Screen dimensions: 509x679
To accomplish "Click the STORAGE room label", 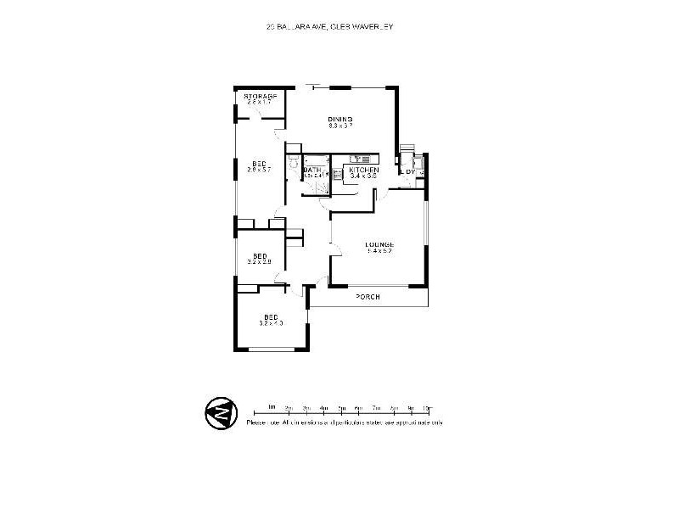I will tap(261, 97).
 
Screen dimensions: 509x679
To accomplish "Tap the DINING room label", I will tap(340, 118).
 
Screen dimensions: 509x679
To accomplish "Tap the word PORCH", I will tap(368, 296).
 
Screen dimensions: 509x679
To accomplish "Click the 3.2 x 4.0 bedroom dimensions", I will tap(272, 323).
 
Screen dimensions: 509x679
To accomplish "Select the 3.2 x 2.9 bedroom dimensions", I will tap(260, 262).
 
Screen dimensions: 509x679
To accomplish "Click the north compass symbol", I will tap(220, 413).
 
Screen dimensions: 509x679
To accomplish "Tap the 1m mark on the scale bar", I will tap(271, 407).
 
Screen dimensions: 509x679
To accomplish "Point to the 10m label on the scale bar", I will tap(426, 407).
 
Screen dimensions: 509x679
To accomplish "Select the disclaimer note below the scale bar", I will tap(345, 422).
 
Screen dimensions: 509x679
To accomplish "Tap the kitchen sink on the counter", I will tap(357, 159).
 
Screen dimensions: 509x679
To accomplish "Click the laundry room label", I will tap(409, 172).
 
